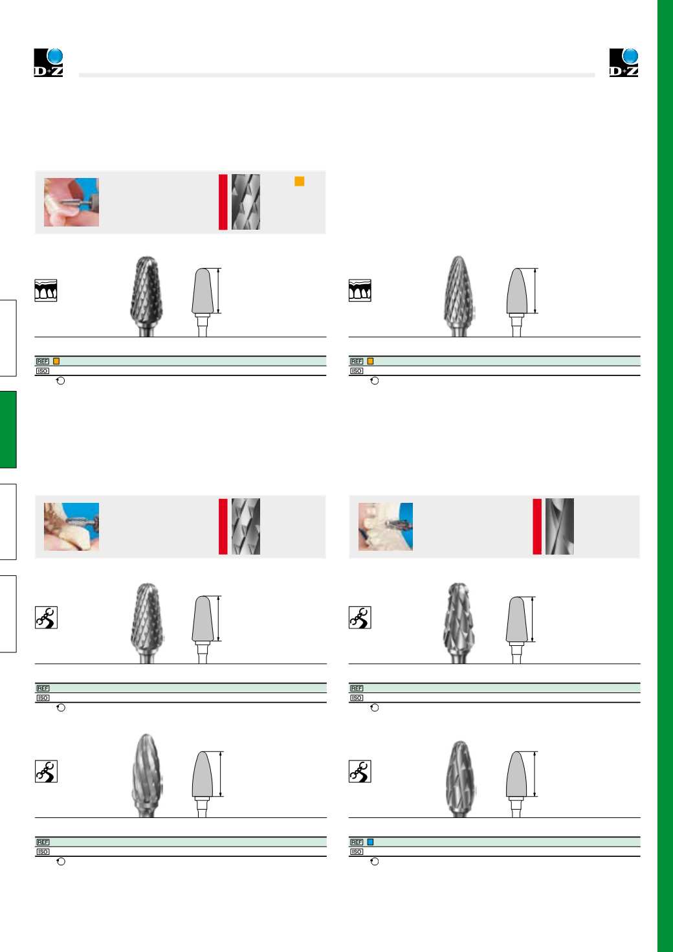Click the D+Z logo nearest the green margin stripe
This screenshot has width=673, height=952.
tap(624, 63)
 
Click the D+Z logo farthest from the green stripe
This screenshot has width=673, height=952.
tap(49, 63)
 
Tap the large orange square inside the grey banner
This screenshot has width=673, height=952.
tap(299, 181)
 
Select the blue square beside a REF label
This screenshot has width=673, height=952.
tap(370, 842)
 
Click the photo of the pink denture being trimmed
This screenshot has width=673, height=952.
tap(71, 202)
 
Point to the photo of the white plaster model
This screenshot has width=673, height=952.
tap(386, 527)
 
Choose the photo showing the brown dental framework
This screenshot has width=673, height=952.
tap(71, 527)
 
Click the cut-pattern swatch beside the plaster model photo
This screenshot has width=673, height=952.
tap(560, 527)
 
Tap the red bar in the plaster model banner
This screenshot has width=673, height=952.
tap(537, 527)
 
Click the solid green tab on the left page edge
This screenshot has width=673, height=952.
tap(8, 429)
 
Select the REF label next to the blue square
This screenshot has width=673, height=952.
tap(357, 842)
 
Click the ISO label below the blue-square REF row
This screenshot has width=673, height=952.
tap(357, 852)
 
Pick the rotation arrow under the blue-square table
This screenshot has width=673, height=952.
tap(374, 861)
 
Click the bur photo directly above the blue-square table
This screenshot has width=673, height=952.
tap(459, 779)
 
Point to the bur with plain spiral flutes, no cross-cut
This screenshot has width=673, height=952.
tap(147, 775)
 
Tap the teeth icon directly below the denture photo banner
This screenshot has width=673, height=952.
tap(45, 291)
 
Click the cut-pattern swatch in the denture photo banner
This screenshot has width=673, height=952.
tap(245, 202)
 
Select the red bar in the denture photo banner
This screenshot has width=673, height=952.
tap(223, 202)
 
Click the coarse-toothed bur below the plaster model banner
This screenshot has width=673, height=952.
tap(459, 623)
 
